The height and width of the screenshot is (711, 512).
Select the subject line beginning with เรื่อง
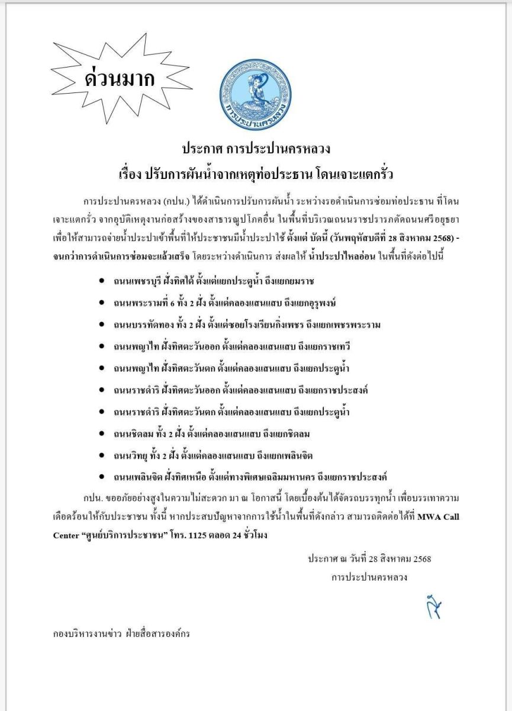pyautogui.click(x=256, y=175)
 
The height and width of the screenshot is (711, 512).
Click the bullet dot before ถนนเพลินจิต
pyautogui.click(x=103, y=477)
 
